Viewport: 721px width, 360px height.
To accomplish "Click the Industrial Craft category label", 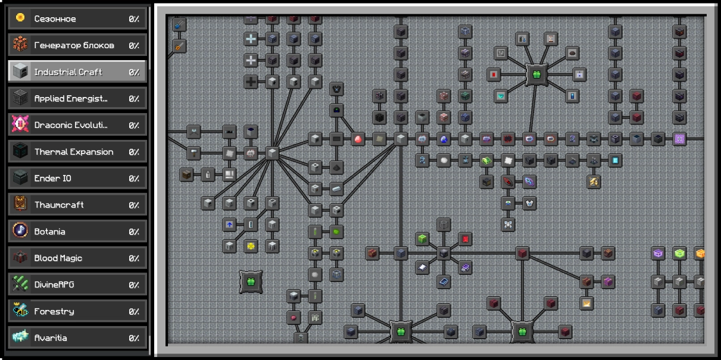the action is point(68,72).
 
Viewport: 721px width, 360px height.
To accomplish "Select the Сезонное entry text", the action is point(55,19).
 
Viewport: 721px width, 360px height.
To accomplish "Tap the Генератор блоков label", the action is point(74,45).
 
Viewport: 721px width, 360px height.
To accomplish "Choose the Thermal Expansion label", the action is point(74,152).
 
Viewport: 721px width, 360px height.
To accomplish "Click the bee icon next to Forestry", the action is point(20,311).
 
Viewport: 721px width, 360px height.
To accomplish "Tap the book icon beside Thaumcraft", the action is point(20,204).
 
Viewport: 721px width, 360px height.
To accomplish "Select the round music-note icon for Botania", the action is point(20,231).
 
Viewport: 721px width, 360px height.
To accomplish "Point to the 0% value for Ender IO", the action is point(134,179).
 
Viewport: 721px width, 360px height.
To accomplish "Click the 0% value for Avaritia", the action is point(134,338).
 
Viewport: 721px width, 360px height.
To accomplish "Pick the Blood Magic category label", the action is point(58,258).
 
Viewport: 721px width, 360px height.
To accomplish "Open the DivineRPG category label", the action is point(54,284).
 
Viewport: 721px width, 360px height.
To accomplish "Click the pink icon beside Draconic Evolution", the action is point(20,124).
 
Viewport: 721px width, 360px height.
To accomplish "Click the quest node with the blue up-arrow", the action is point(229,224).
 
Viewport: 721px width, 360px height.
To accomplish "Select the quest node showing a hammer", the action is point(193,153).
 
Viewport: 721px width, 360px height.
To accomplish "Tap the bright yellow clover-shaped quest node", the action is point(251,246).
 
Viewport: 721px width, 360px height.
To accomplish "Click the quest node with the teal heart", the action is point(501,96).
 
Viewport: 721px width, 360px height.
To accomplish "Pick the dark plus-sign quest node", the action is point(251,82).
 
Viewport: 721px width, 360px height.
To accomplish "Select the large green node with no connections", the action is point(251,282).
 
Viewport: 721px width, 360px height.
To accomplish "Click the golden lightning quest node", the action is point(594,181).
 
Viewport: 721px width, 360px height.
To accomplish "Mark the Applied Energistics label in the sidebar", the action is point(71,98).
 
